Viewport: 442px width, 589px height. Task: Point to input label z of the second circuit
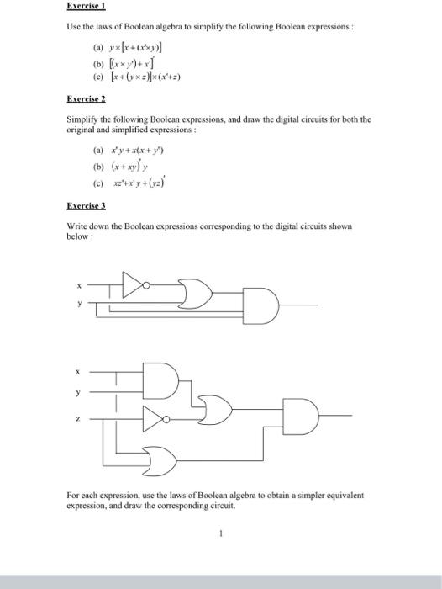tap(80, 418)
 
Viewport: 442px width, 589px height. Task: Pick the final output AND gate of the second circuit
tap(302, 415)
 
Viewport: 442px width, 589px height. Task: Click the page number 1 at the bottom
tap(220, 532)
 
